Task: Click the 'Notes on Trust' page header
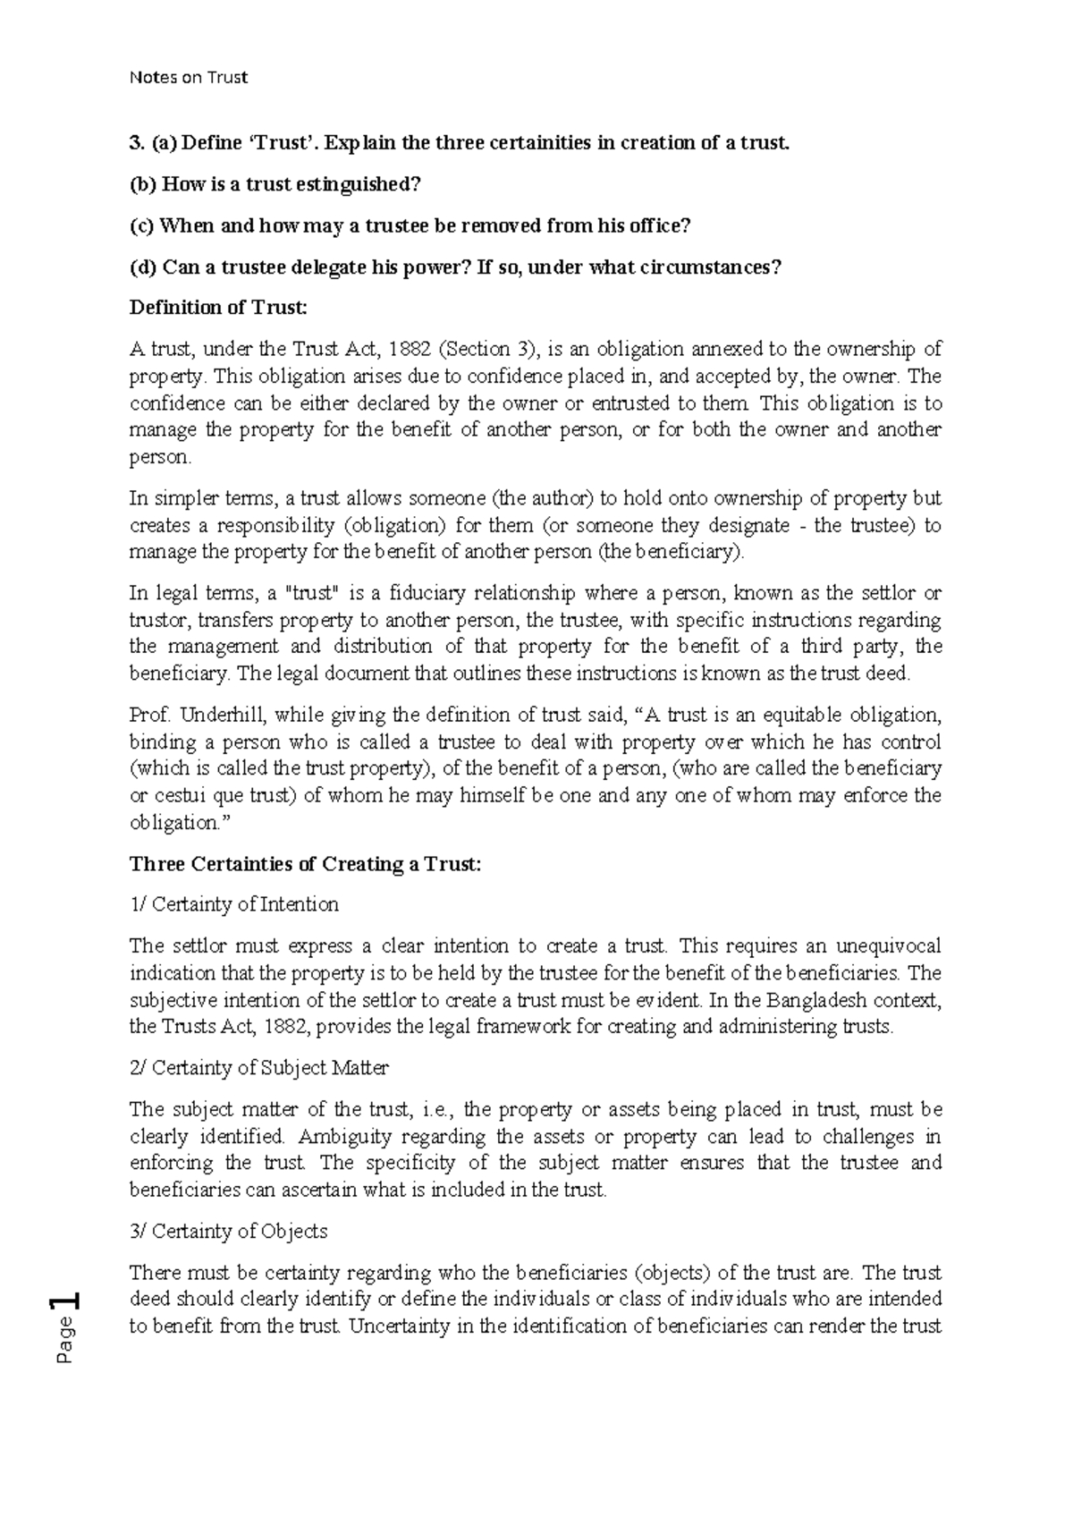(x=188, y=78)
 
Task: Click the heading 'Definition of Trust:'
(x=218, y=308)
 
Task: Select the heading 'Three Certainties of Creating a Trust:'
(x=306, y=864)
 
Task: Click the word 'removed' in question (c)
(x=501, y=225)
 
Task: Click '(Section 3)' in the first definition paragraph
(x=487, y=349)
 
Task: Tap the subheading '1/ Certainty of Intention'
(x=234, y=905)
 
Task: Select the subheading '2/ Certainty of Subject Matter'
(x=259, y=1068)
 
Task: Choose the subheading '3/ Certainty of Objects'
(x=229, y=1232)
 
